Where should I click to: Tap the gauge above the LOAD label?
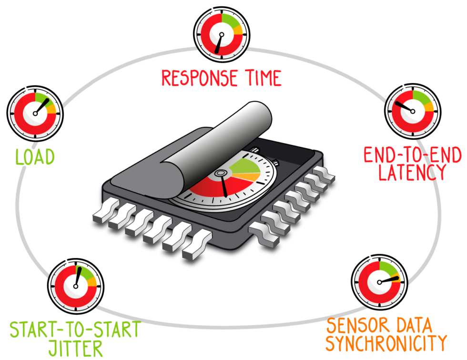35,113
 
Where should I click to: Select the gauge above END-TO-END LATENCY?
413,111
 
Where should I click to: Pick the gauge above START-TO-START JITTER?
75,285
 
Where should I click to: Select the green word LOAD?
35,157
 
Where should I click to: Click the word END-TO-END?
412,155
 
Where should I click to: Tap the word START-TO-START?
75,329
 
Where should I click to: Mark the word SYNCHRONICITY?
386,344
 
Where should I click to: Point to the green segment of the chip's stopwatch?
245,166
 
